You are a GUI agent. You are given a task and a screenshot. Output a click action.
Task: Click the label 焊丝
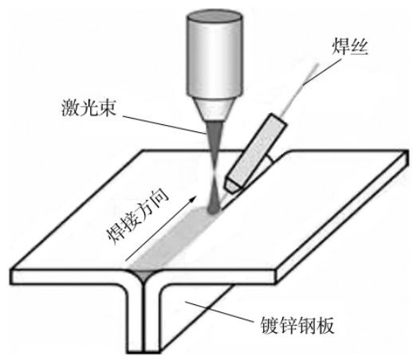[x=349, y=47]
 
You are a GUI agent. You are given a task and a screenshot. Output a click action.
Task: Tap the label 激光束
[x=88, y=108]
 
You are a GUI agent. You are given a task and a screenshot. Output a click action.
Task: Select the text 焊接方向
[x=137, y=217]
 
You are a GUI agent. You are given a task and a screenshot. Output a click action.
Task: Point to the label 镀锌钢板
[x=297, y=325]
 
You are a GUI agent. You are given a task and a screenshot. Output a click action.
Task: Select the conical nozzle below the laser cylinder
[x=214, y=109]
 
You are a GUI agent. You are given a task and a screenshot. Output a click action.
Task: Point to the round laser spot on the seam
[x=213, y=209]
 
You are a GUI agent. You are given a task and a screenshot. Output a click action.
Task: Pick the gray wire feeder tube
[x=254, y=152]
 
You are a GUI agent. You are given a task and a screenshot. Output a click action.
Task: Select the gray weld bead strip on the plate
[x=173, y=237]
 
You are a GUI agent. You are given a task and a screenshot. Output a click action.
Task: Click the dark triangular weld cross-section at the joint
[x=144, y=276]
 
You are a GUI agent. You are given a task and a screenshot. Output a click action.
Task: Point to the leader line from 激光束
[x=163, y=124]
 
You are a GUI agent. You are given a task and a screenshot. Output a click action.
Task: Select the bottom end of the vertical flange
[x=144, y=352]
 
